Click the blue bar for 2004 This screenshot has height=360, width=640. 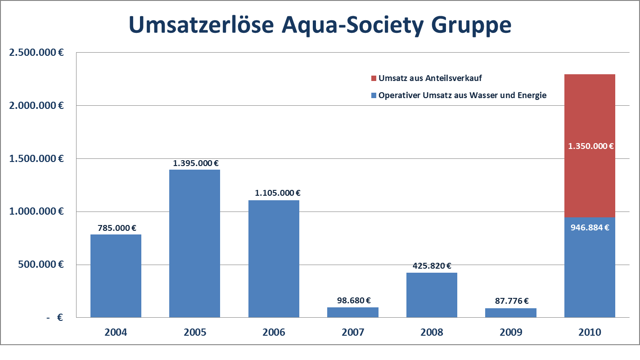point(116,276)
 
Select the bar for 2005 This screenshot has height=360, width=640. point(194,243)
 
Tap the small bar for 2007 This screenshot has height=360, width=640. point(352,312)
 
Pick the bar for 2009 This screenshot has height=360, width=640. point(510,313)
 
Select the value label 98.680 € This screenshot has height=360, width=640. point(353,301)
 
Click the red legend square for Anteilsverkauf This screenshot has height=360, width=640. point(374,78)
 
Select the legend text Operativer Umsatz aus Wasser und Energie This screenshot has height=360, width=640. point(462,95)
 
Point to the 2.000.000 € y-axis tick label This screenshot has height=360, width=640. point(36,105)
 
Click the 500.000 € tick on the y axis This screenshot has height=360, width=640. point(41,265)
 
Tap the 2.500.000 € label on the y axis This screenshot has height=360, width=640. point(36,52)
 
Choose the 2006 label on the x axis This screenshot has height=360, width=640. point(274,333)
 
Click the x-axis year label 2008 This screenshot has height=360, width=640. point(432,333)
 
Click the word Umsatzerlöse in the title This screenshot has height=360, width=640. point(201,25)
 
